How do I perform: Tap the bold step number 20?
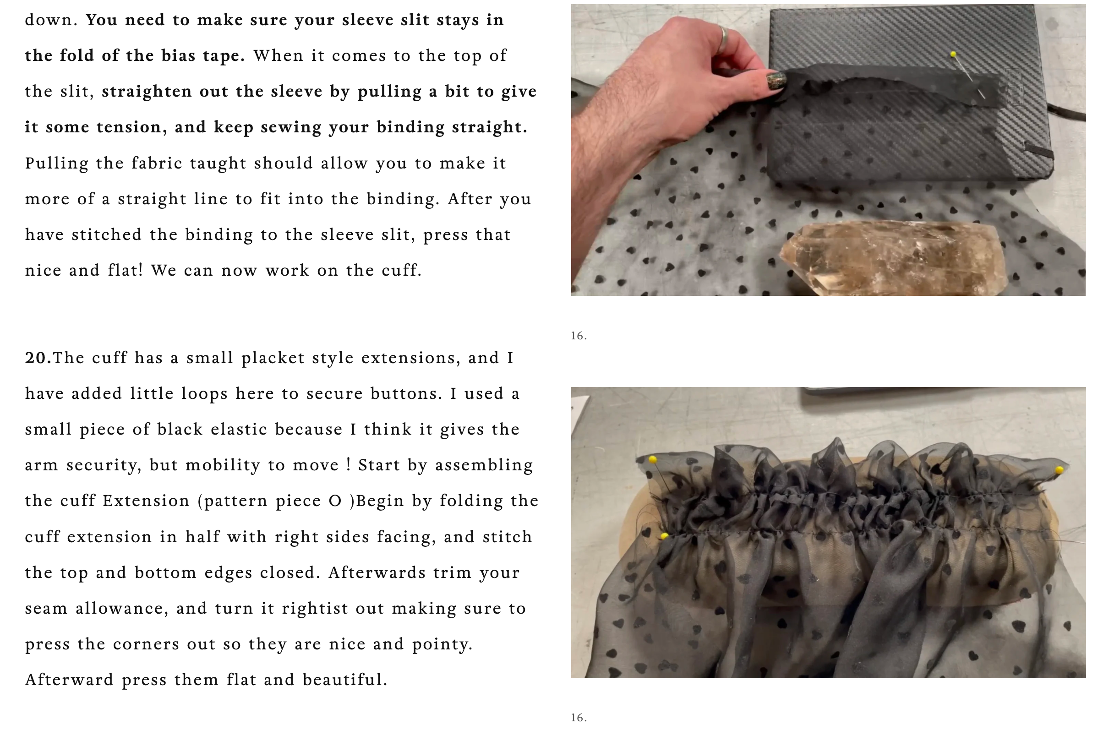[38, 358]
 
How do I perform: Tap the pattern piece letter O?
[335, 501]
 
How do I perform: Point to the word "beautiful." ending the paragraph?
[345, 680]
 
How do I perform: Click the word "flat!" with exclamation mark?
[125, 270]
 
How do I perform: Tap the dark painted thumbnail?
[776, 80]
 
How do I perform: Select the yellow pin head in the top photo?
[953, 54]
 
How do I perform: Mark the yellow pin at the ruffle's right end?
[1059, 470]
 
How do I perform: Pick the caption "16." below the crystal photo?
[579, 336]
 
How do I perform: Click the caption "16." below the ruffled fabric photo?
[579, 717]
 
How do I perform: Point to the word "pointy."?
[442, 644]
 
